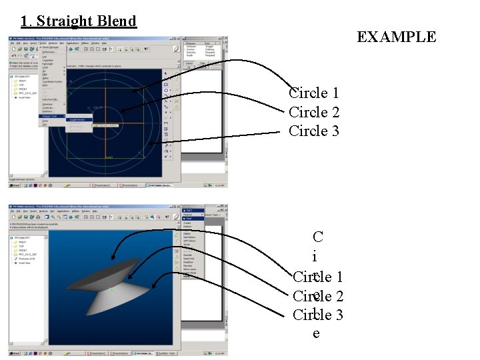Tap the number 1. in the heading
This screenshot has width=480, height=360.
26,21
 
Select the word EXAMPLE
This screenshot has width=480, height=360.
396,37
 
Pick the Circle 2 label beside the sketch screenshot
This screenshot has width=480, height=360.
314,112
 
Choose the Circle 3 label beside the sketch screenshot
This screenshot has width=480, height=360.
314,131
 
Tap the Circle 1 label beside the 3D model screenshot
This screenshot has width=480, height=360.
318,277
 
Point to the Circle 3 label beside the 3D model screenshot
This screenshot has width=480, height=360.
318,315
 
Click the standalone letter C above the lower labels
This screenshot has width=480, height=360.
317,237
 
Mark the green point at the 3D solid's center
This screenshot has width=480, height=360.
111,290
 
